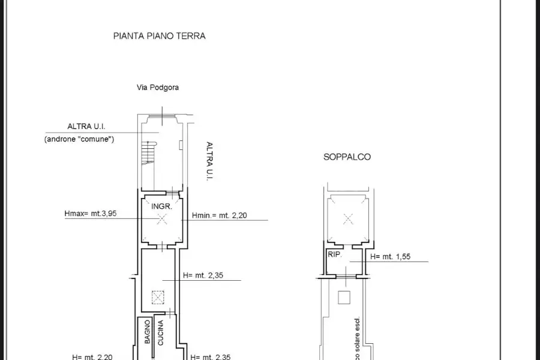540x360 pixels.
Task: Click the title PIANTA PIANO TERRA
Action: click(159, 36)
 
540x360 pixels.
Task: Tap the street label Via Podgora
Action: click(158, 87)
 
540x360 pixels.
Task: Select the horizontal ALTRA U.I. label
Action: click(86, 126)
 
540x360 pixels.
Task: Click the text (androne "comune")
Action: click(79, 139)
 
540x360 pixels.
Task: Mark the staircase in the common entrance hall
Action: click(148, 154)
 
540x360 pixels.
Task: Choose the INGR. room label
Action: click(162, 206)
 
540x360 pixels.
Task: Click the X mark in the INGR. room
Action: click(161, 220)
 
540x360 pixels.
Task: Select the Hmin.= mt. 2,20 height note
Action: click(220, 216)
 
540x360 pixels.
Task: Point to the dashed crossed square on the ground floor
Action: click(157, 296)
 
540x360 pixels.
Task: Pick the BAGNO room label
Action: click(147, 332)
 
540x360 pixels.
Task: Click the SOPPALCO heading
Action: click(347, 157)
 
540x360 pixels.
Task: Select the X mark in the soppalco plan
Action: click(349, 219)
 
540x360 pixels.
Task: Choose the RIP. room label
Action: click(334, 254)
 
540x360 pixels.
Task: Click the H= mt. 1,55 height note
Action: click(391, 257)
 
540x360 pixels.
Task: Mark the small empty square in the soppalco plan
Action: click(344, 296)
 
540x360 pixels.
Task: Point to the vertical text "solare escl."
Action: click(357, 338)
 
